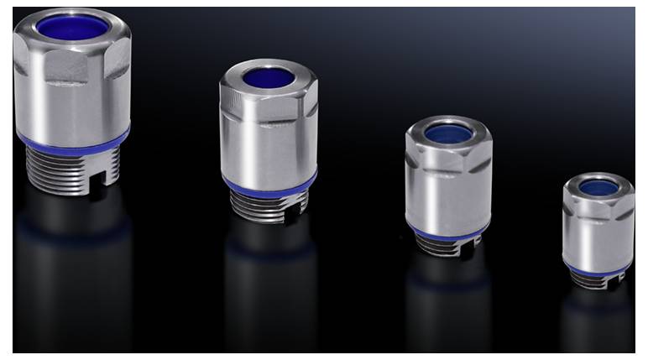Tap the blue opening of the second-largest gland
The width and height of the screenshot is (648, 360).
[269, 78]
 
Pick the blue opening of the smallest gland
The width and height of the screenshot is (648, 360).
[598, 187]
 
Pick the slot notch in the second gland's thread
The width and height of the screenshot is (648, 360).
[290, 214]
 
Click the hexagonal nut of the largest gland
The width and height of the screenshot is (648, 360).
[71, 63]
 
